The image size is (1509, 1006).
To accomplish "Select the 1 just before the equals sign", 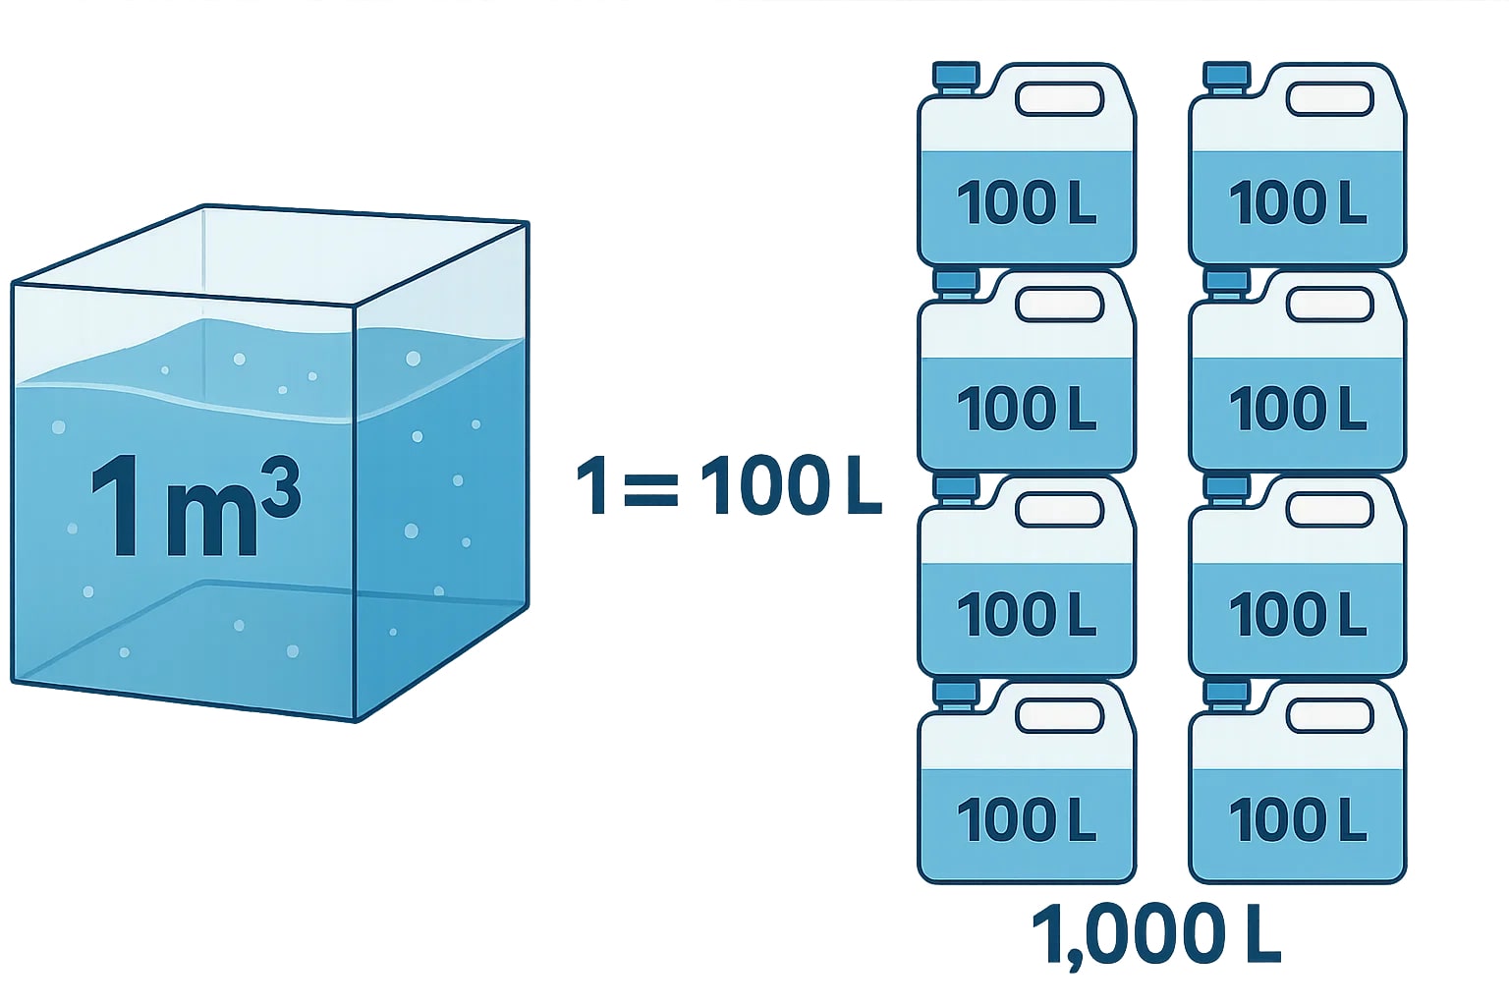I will coord(593,485).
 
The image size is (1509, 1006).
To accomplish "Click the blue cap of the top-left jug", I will coord(955,76).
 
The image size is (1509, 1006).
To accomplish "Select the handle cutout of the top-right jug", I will coord(1329,98).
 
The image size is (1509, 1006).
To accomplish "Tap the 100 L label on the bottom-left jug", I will coord(1027,819).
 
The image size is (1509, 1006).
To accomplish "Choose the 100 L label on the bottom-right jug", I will coord(1298,819).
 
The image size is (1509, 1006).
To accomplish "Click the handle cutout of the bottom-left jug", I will coord(1059,716).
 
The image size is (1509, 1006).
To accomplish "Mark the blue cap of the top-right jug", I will coord(1226,76).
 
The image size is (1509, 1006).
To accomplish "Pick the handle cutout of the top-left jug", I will coord(1059,98).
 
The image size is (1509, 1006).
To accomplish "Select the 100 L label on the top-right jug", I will coord(1298,202).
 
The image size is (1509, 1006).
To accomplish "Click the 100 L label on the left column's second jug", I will coord(1027,409).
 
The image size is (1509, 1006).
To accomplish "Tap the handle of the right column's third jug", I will coord(1329,510).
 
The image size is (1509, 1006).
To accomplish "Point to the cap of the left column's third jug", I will coord(955,487).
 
